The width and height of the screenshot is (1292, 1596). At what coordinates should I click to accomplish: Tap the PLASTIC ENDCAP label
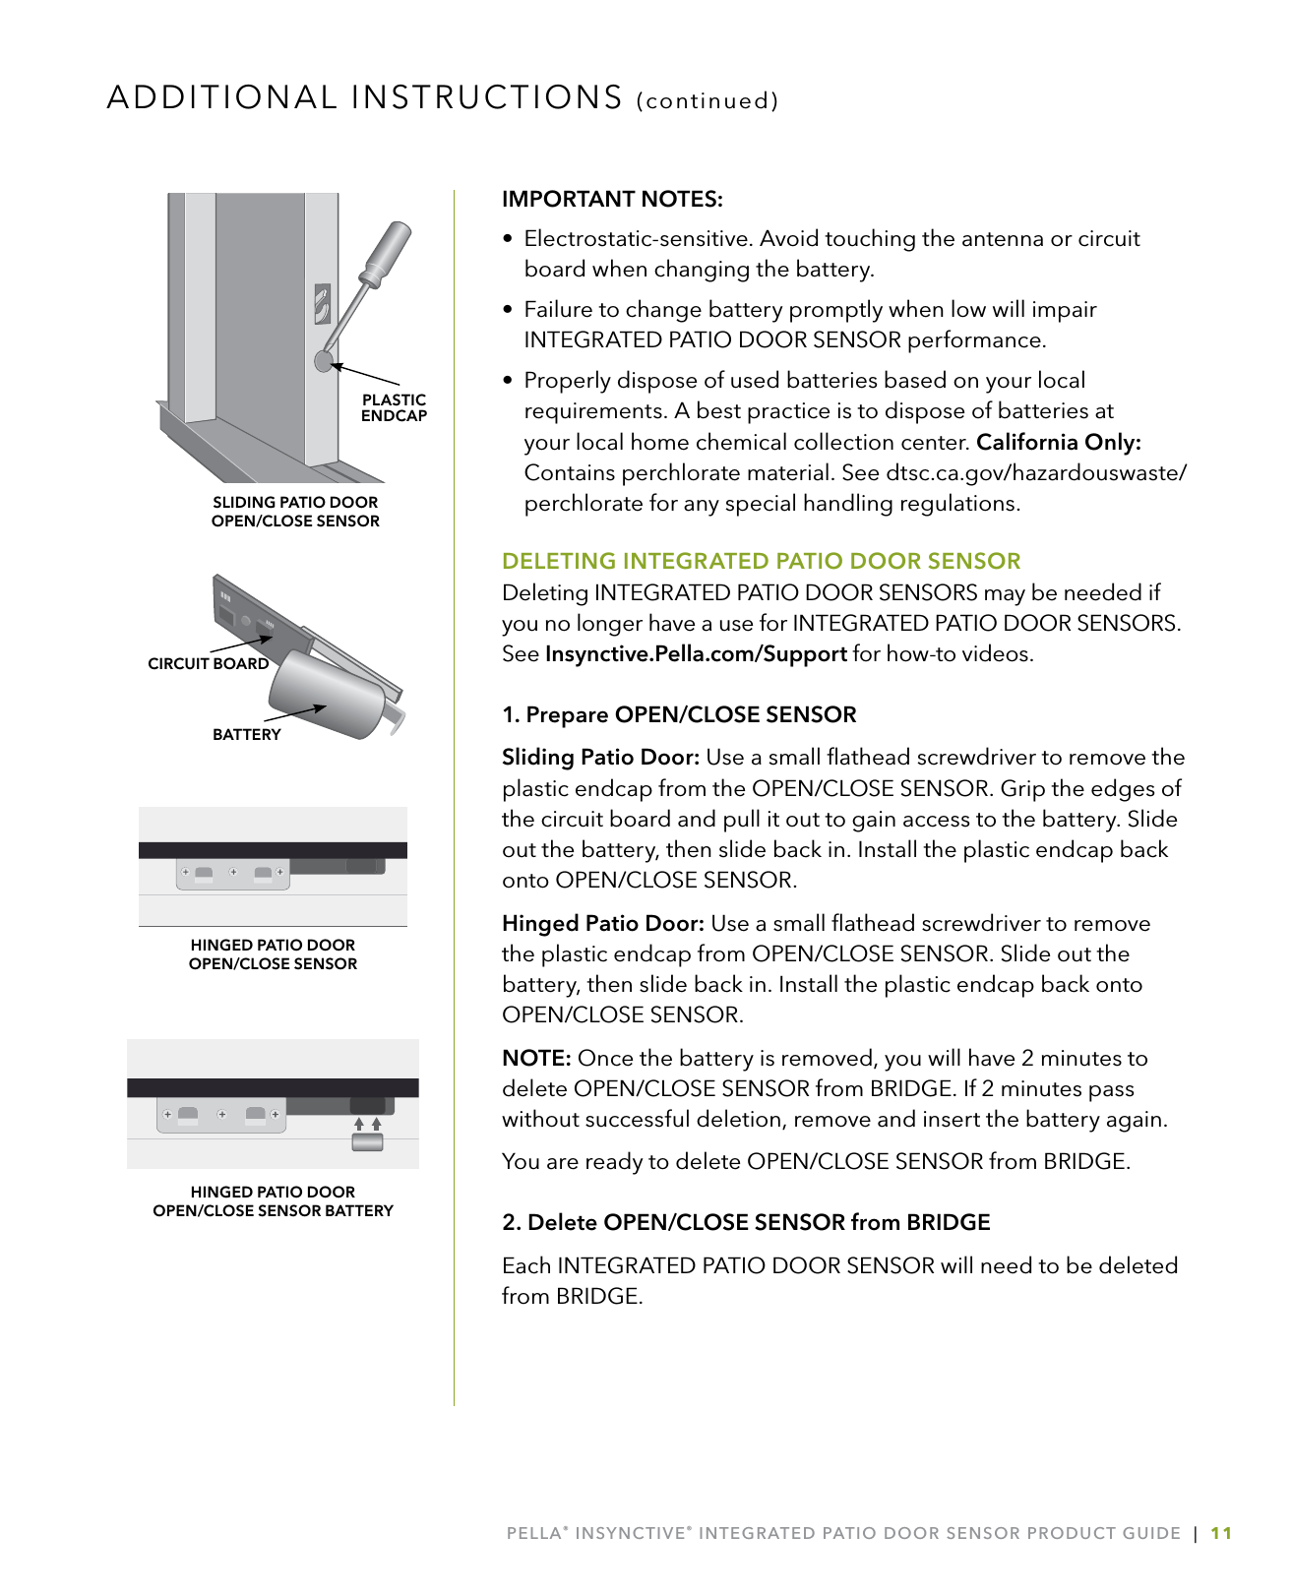(x=394, y=407)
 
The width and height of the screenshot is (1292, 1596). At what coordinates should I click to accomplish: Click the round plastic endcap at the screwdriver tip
(x=324, y=361)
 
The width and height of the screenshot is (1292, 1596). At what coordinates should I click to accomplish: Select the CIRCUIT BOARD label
(x=208, y=664)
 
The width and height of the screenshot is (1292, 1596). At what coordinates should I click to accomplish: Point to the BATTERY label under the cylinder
(x=246, y=735)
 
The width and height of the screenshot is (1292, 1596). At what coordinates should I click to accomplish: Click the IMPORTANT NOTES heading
(x=612, y=200)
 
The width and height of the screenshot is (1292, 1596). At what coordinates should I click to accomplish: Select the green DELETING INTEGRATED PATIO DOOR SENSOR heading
(x=761, y=562)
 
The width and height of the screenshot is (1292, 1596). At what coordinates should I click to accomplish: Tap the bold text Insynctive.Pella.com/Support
(x=696, y=654)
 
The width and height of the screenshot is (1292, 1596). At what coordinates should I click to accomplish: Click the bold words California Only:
(x=1058, y=443)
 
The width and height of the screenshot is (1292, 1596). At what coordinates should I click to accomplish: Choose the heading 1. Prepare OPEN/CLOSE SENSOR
(x=679, y=715)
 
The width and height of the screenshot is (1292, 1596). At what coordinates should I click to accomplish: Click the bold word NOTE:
(x=536, y=1059)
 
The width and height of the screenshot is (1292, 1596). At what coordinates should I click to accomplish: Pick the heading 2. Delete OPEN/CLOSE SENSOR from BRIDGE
(x=746, y=1223)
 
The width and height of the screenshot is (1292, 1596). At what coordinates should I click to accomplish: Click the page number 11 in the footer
(x=1221, y=1533)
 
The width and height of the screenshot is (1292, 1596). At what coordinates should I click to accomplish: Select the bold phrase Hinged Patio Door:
(x=602, y=924)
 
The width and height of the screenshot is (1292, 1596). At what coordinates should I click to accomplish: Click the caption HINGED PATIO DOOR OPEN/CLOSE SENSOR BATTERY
(x=273, y=1201)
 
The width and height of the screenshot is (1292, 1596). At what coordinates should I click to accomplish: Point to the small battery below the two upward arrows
(x=367, y=1141)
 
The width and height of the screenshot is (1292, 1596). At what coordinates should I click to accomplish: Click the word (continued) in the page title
(x=708, y=101)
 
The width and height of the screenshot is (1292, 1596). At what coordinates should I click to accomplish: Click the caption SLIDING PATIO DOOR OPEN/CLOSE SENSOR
(x=295, y=512)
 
